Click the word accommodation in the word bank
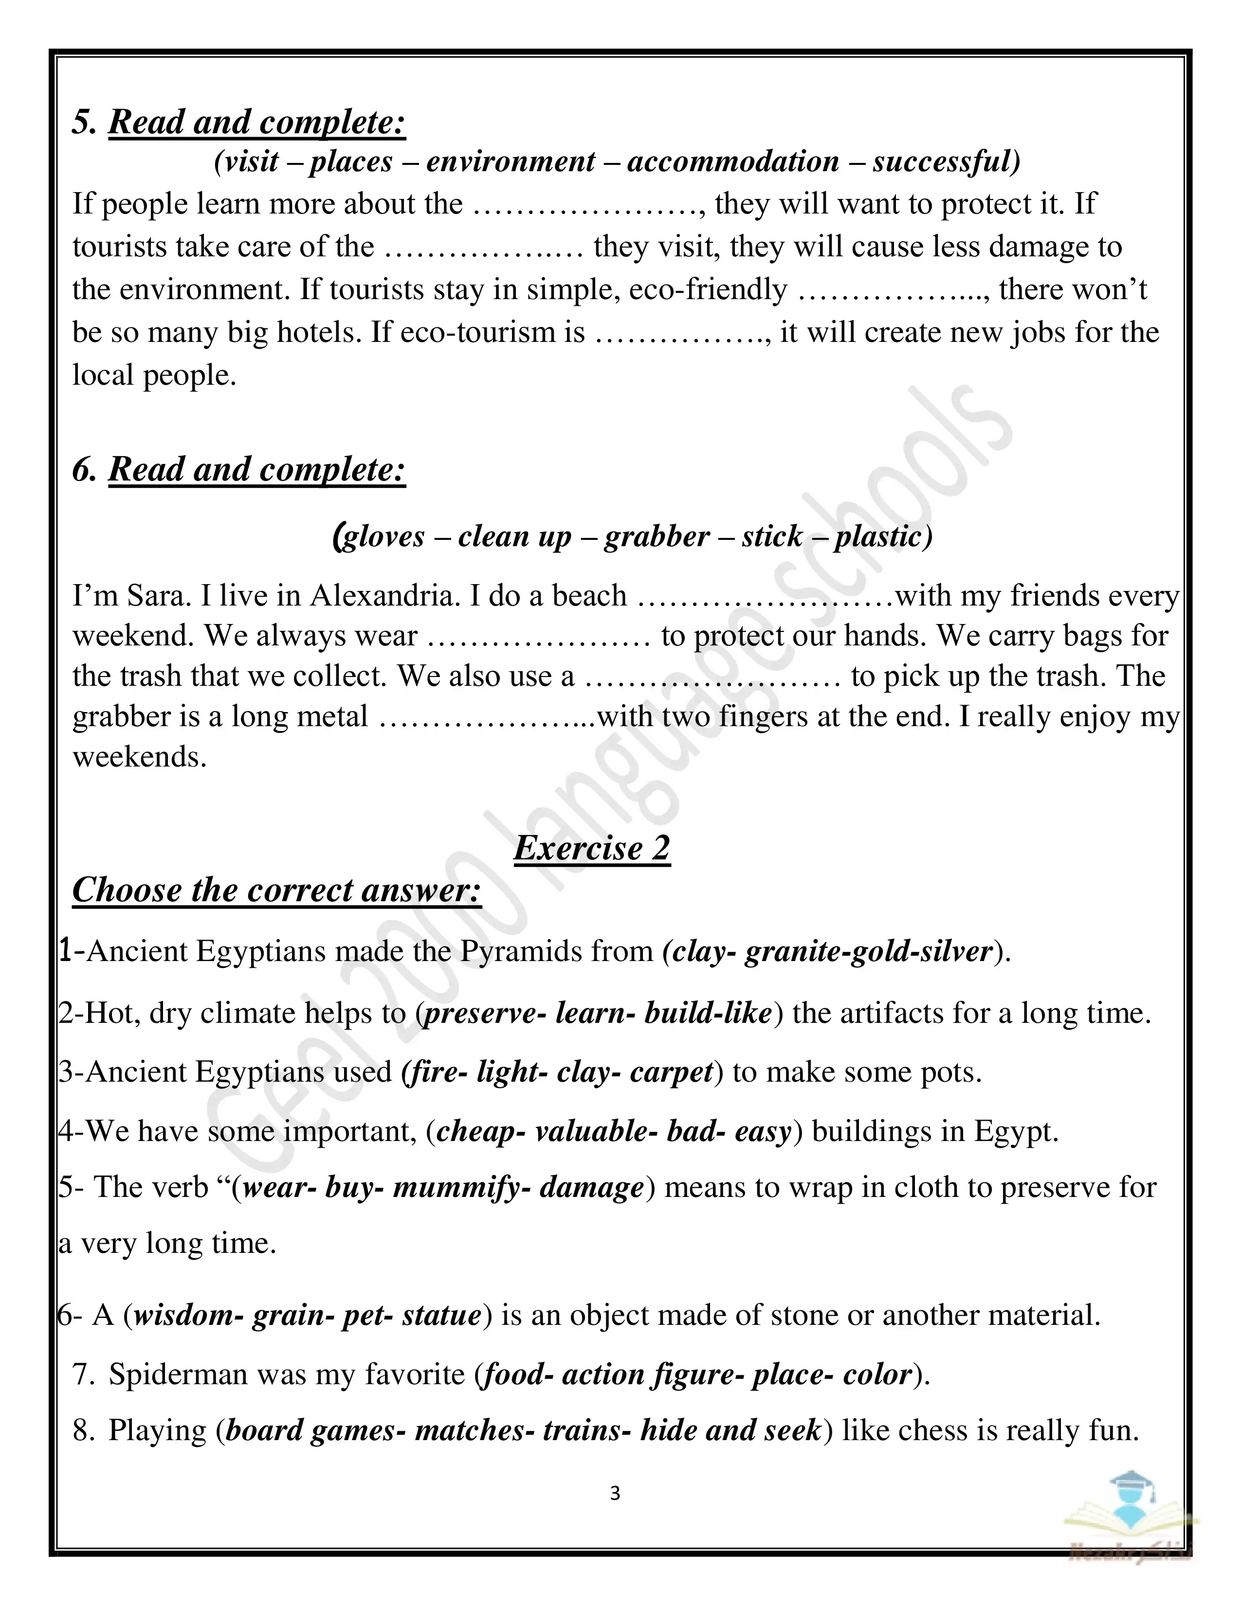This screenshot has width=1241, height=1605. tap(732, 161)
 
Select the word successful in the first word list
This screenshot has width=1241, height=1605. tap(946, 161)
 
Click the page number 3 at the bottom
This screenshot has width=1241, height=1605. tap(615, 1493)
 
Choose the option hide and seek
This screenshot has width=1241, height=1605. tap(730, 1430)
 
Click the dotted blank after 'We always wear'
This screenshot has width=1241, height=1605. tap(539, 637)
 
